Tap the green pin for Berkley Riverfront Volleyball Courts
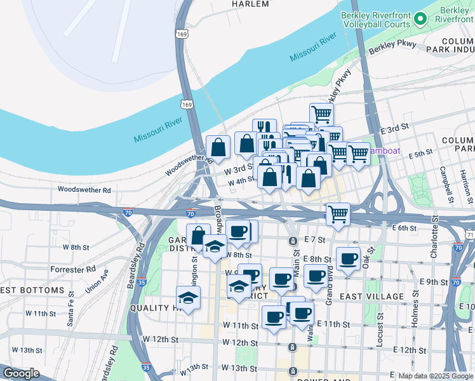pos(420,19)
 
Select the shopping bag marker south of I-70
pos(198,235)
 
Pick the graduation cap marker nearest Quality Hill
pos(189,298)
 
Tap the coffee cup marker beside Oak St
pos(348,258)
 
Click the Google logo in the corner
pos(20,373)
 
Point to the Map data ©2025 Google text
pos(436,376)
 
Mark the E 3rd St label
pos(393,130)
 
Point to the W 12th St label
pos(159,340)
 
